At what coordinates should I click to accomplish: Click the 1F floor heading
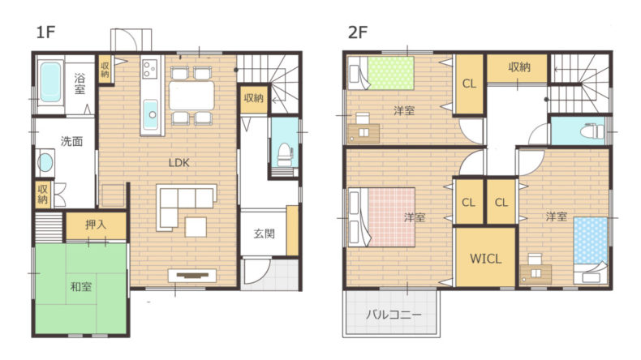coord(45,32)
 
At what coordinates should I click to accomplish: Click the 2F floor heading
coord(358,32)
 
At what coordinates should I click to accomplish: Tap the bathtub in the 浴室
coord(51,82)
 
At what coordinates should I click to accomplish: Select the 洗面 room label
coord(71,141)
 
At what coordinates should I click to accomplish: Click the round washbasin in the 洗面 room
coord(45,163)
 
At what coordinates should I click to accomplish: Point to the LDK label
coord(179,163)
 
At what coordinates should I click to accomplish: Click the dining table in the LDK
coord(191,95)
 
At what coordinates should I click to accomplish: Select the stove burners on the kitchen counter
coord(149,69)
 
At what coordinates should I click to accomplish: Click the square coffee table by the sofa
coord(196,227)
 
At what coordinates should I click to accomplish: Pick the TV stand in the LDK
coord(192,276)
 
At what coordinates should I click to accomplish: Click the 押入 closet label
coord(96,225)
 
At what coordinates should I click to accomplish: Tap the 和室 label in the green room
coord(81,287)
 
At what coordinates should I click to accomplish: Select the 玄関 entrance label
coord(264,234)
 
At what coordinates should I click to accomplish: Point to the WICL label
coord(486,259)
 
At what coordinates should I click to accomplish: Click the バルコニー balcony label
coord(393,315)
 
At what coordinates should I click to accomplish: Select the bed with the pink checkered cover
coord(381,217)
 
